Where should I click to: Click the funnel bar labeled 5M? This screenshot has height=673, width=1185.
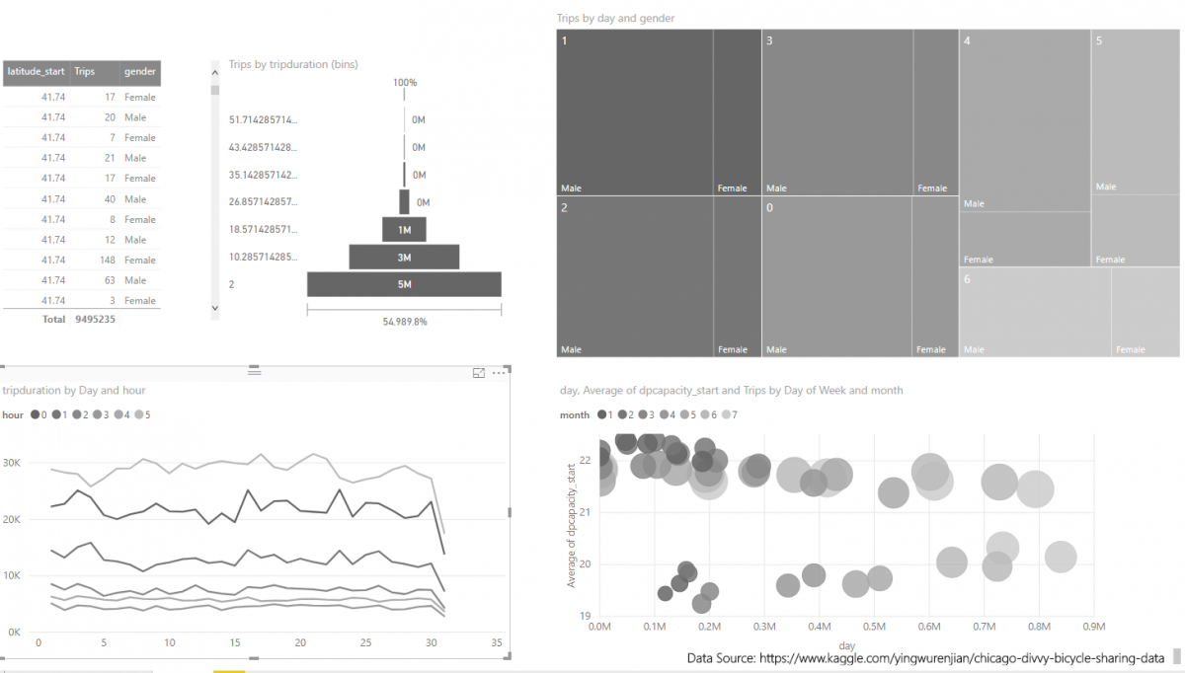pyautogui.click(x=404, y=285)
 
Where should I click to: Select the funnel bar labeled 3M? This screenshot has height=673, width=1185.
pyautogui.click(x=404, y=258)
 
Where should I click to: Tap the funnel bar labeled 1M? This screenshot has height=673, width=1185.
pyautogui.click(x=404, y=230)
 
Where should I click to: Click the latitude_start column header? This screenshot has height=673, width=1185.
pyautogui.click(x=36, y=72)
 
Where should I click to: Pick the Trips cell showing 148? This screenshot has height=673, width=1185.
pyautogui.click(x=88, y=261)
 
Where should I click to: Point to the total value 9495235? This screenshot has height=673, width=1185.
pyautogui.click(x=95, y=320)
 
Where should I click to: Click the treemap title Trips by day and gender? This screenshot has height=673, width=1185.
pyautogui.click(x=615, y=19)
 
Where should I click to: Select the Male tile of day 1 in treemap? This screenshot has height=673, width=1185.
pyautogui.click(x=635, y=112)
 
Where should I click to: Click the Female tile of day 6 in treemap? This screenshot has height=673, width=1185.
pyautogui.click(x=1145, y=312)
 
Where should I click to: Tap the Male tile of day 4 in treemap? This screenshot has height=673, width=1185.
pyautogui.click(x=1024, y=120)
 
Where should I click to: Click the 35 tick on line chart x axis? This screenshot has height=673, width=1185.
pyautogui.click(x=496, y=643)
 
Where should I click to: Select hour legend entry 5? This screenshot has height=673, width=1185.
pyautogui.click(x=144, y=415)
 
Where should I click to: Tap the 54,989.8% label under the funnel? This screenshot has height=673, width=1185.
pyautogui.click(x=404, y=322)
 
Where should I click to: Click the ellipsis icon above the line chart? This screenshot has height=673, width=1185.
pyautogui.click(x=499, y=373)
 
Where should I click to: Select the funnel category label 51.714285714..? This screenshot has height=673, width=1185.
pyautogui.click(x=263, y=120)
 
